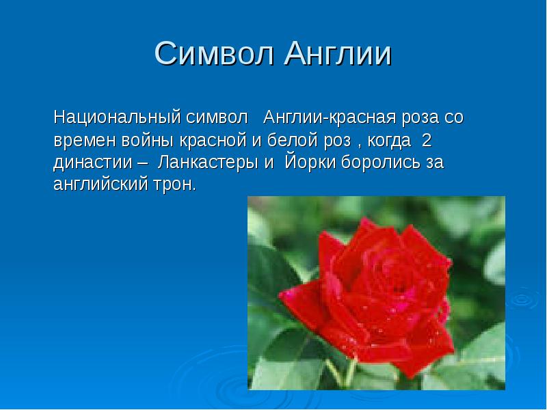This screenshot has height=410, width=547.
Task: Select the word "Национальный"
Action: point(116,117)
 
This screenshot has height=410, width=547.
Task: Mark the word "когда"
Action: point(388,141)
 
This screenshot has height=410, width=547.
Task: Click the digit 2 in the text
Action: point(427,141)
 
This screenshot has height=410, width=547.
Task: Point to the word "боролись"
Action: point(379,164)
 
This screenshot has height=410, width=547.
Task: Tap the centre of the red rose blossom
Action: point(373,294)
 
